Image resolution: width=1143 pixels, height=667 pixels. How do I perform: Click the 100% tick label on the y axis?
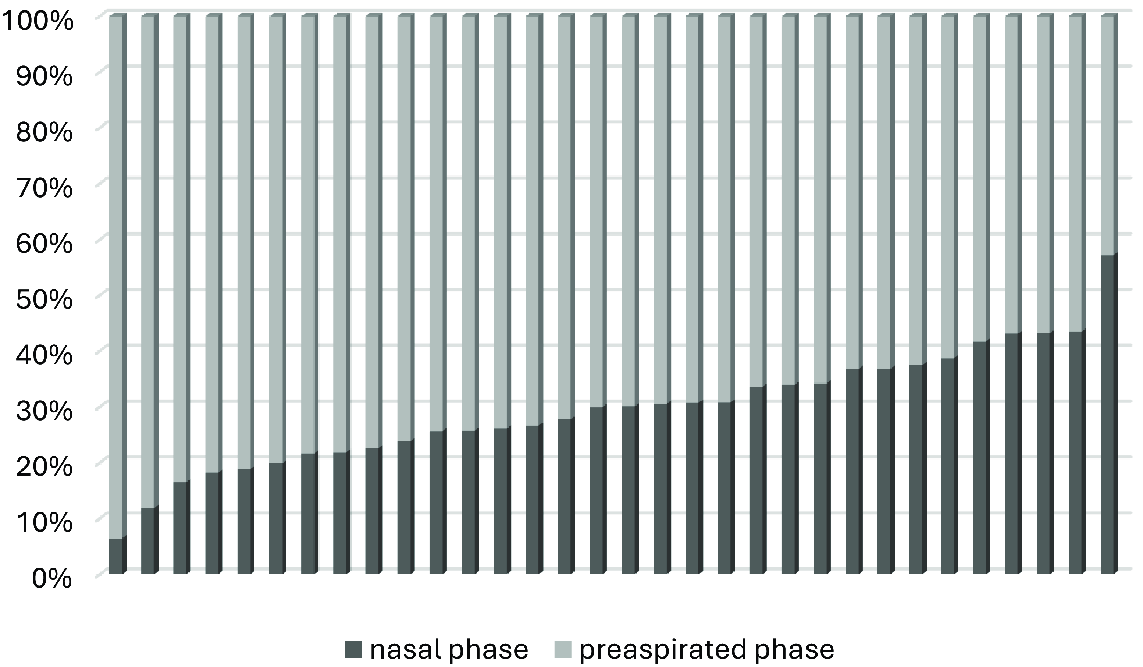click(x=37, y=22)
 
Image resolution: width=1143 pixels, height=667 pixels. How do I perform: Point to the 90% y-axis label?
click(x=44, y=78)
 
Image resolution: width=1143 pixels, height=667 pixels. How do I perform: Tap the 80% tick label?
click(x=44, y=134)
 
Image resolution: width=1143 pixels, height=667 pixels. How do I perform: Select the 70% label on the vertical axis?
click(x=44, y=189)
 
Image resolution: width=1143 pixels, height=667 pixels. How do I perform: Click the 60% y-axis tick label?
click(x=44, y=245)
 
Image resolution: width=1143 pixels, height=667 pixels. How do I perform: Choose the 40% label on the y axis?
click(x=44, y=356)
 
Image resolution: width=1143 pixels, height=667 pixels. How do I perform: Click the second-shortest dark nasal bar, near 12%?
click(x=148, y=540)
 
